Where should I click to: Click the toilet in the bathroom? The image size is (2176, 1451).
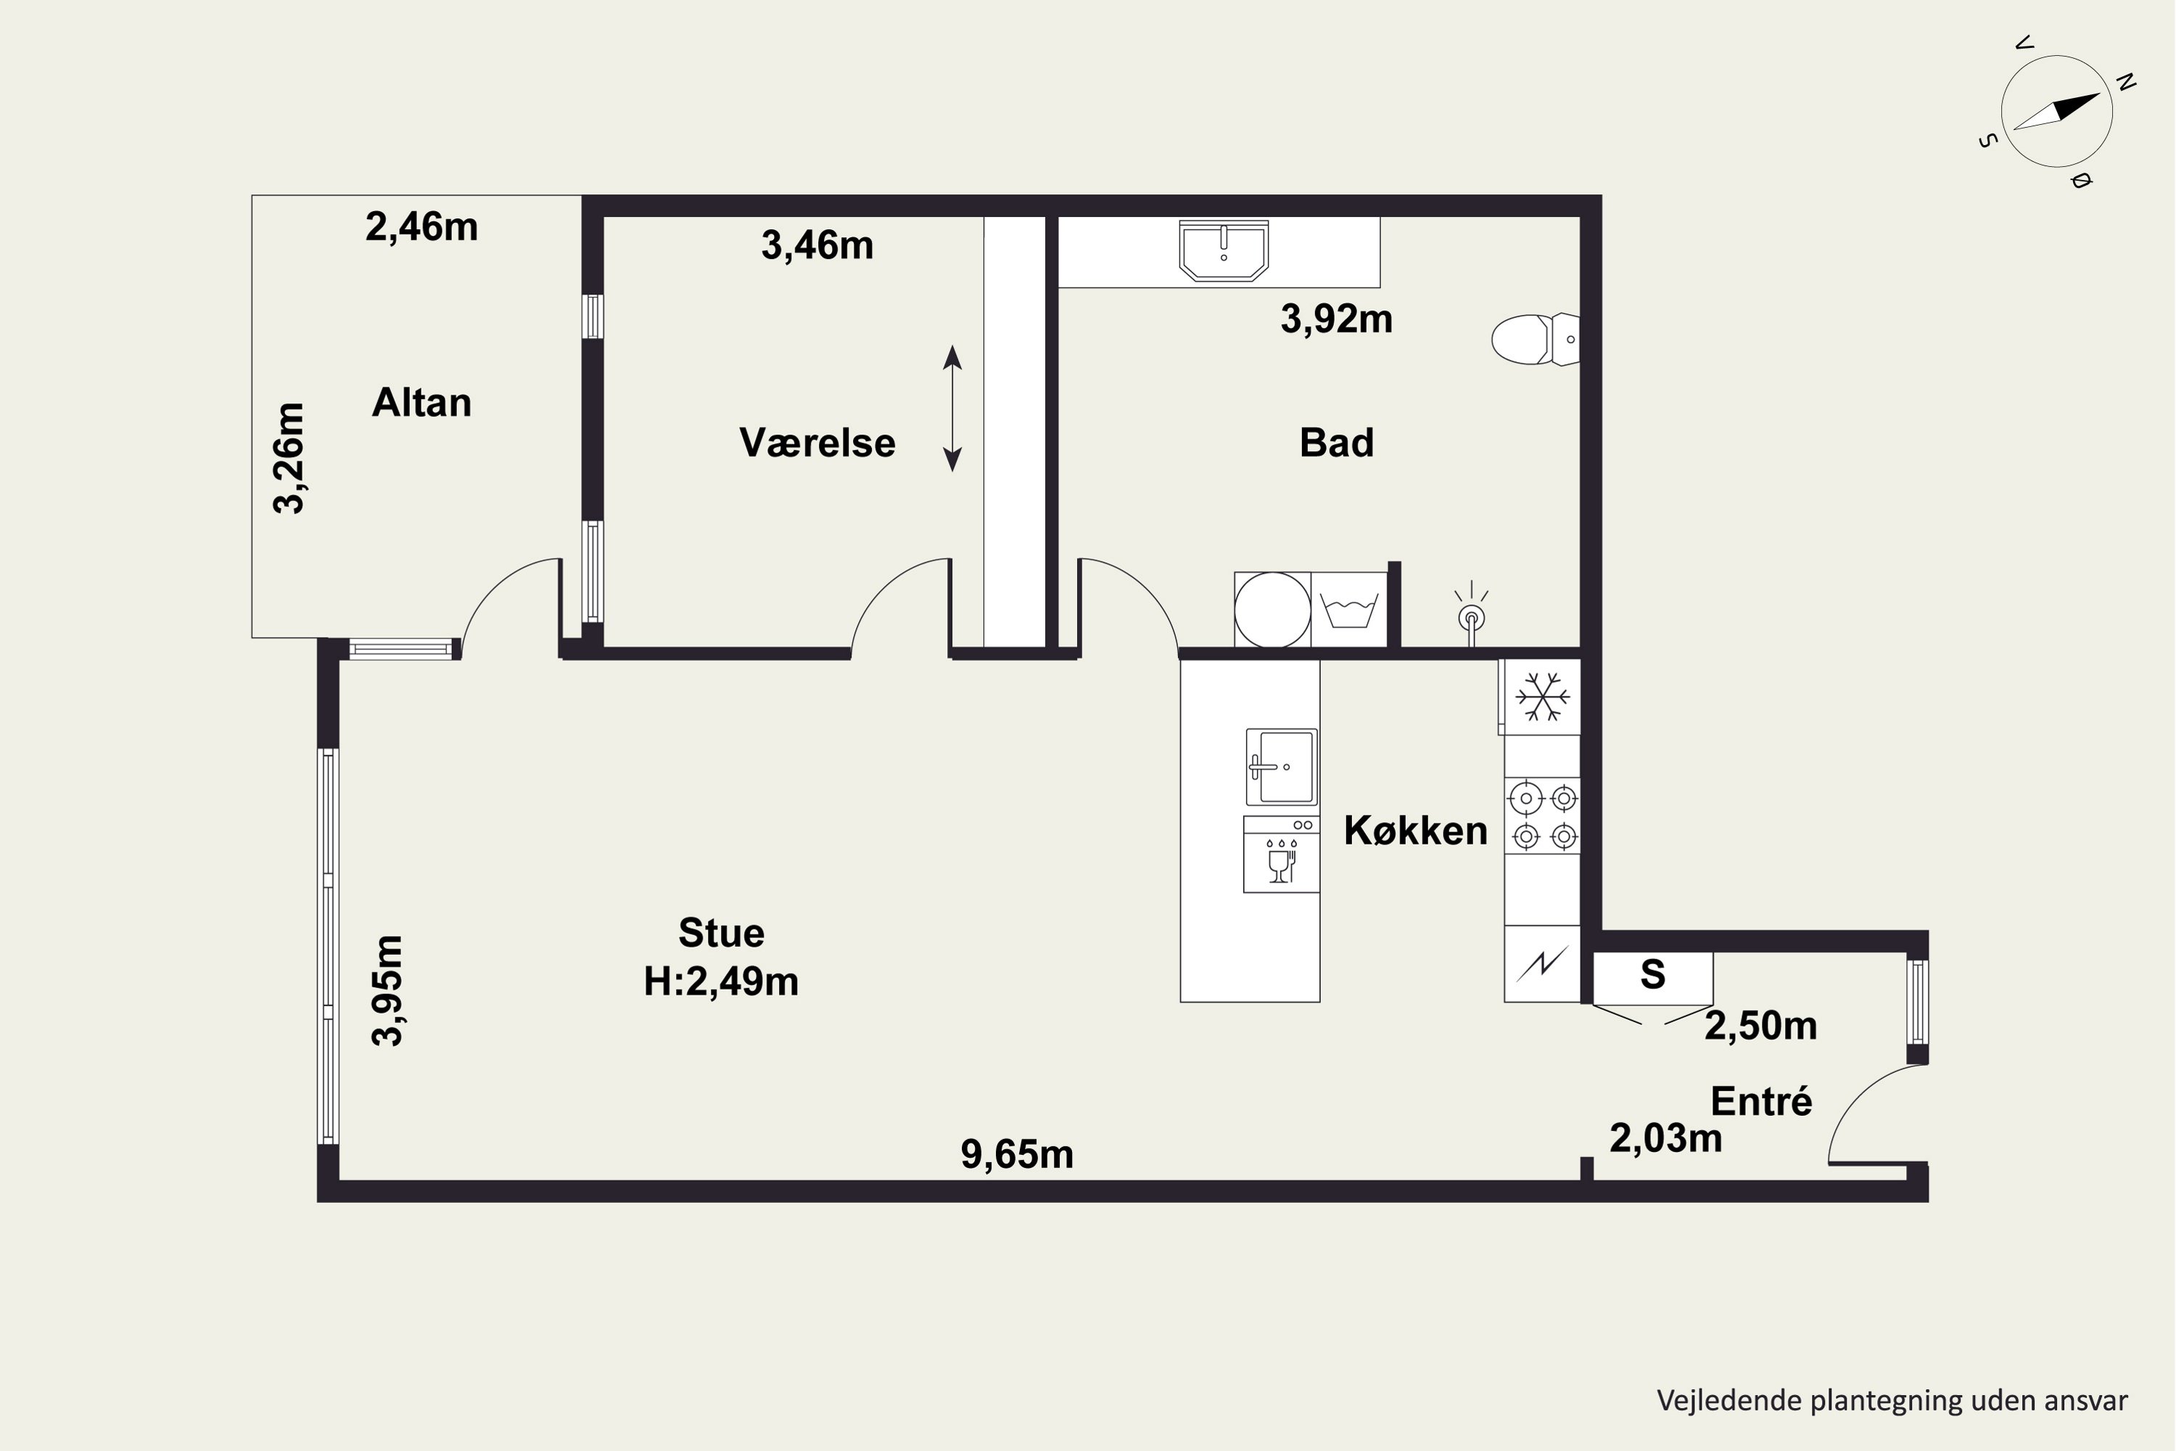pos(1535,340)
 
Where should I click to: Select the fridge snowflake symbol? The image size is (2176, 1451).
pos(1541,696)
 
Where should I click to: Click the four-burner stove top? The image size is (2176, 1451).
pos(1542,816)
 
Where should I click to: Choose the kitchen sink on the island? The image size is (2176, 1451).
pos(1282,767)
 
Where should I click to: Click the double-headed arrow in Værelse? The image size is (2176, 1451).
pos(952,408)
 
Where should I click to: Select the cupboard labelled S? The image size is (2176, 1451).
pos(1652,977)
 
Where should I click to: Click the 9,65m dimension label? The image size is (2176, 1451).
pos(1017,1154)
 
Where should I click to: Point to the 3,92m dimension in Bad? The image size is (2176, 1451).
pos(1336,318)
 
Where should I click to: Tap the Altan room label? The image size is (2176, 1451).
pos(422,403)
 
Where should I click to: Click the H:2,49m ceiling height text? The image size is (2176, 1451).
pos(722,981)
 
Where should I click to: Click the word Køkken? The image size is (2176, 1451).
pos(1416,830)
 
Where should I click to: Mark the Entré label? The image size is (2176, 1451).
pos(1760,1101)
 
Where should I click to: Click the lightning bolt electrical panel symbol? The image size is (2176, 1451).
pos(1542,964)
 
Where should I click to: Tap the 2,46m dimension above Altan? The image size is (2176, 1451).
pos(422,226)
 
